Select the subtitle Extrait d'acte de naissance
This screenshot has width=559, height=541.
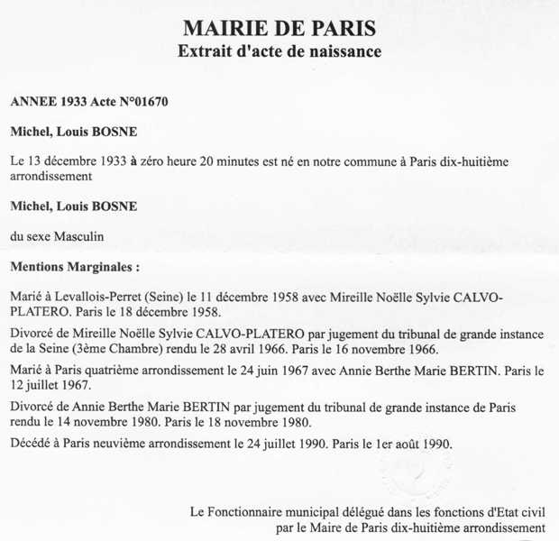click(279, 51)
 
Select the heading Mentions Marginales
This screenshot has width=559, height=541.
click(75, 268)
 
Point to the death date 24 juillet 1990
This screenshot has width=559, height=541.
click(289, 444)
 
